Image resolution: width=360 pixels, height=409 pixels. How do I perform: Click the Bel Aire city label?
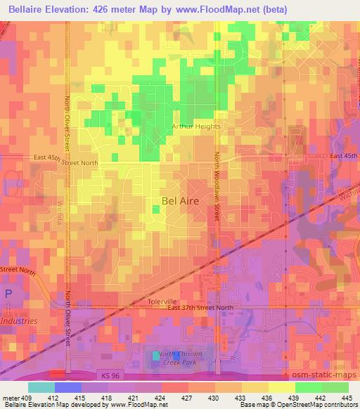[x=180, y=200]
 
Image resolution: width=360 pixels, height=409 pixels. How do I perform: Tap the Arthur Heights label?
[x=196, y=126]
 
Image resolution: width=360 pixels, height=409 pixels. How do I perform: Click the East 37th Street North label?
[x=200, y=308]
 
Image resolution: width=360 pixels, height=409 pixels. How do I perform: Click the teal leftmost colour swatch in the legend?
[x=41, y=387]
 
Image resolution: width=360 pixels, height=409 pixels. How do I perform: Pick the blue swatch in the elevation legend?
[x=67, y=387]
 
